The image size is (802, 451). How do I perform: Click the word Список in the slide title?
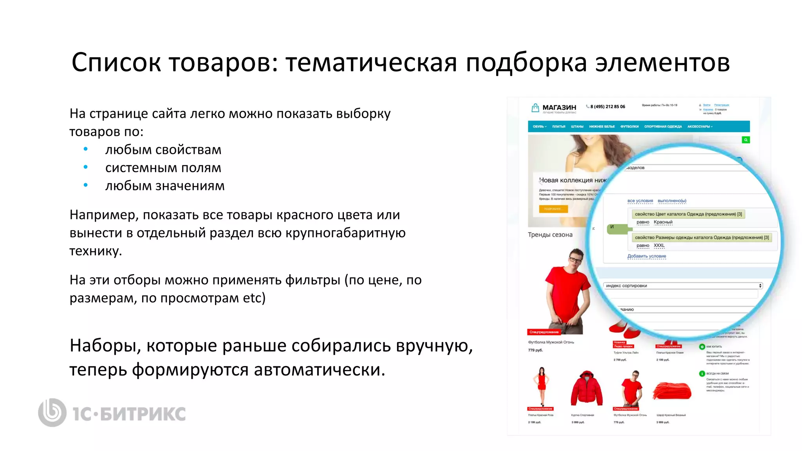(116, 63)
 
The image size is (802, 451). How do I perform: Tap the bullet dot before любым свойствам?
(86, 149)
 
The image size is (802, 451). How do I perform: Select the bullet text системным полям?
(163, 168)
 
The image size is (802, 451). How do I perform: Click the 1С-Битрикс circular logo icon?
(52, 412)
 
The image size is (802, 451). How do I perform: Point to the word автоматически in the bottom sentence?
(319, 370)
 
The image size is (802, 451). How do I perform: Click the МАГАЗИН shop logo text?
(559, 107)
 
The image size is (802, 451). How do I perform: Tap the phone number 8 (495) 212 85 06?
(607, 106)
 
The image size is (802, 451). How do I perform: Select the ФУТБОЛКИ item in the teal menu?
(629, 126)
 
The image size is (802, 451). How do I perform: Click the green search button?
(746, 140)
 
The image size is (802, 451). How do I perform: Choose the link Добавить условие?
(647, 256)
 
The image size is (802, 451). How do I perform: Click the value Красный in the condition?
(663, 222)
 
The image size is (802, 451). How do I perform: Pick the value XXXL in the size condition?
(659, 245)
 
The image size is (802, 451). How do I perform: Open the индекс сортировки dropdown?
(683, 286)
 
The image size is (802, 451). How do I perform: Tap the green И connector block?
(613, 228)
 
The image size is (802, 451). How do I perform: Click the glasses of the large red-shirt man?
(575, 259)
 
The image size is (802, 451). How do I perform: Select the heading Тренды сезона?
(550, 235)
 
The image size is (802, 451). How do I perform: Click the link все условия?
(640, 201)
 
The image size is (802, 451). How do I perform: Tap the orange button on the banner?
(553, 209)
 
